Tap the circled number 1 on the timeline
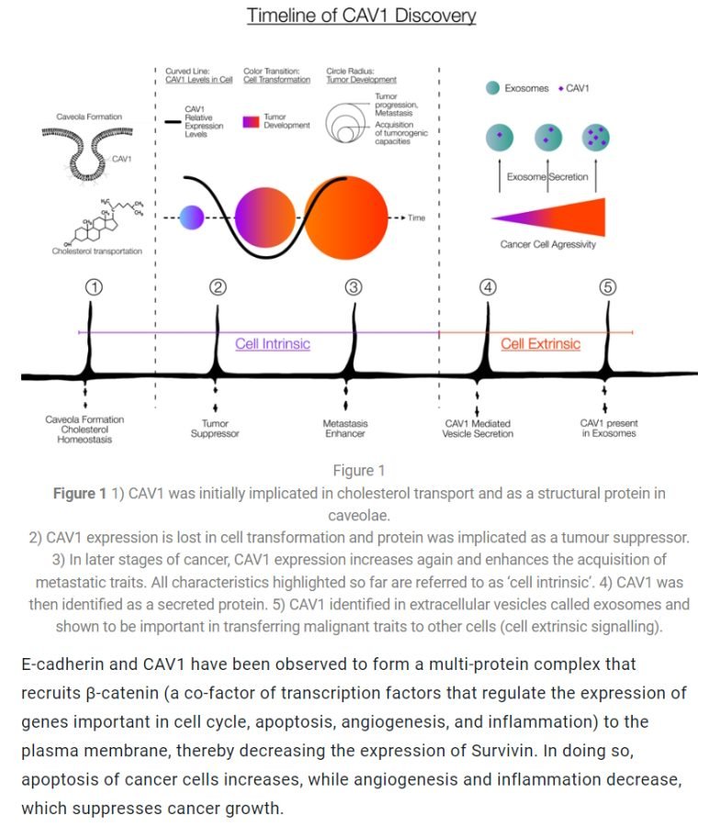click(93, 286)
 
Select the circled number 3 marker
click(354, 286)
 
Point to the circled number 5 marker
click(608, 286)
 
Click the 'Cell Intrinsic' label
click(273, 344)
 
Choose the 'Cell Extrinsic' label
click(540, 344)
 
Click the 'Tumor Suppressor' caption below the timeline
click(215, 429)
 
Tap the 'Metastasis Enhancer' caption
click(345, 429)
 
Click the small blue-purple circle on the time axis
click(191, 218)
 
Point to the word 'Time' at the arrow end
click(417, 218)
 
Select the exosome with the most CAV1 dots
click(595, 138)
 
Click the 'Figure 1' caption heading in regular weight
click(353, 471)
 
